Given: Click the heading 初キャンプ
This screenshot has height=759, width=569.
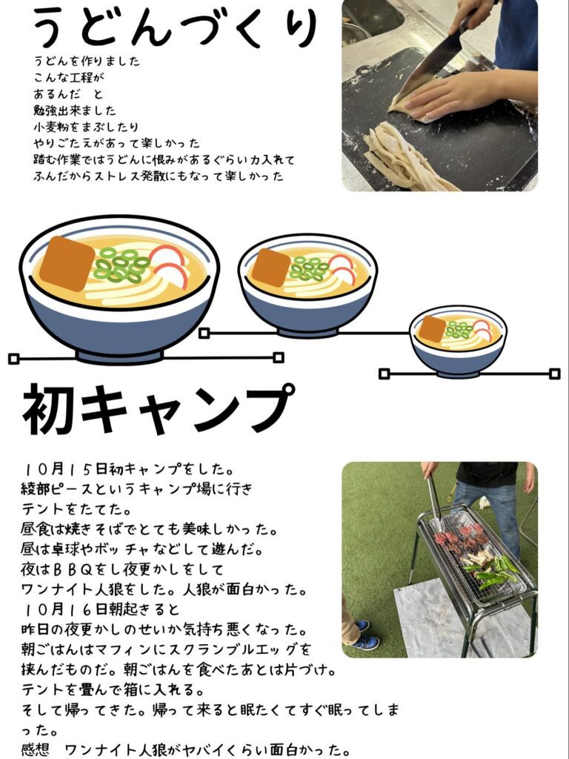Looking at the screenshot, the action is tap(159, 408).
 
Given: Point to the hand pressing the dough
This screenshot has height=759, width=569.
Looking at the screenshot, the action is tap(465, 94).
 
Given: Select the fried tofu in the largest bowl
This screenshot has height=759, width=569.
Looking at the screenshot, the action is tap(67, 263).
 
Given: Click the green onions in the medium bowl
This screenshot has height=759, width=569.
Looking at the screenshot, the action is tap(309, 269).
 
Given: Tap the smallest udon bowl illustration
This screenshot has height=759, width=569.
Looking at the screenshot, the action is tap(458, 341).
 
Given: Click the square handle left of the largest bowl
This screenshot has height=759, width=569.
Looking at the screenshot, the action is tap(13, 359).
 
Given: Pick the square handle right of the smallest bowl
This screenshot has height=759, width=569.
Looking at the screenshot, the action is tap(555, 374).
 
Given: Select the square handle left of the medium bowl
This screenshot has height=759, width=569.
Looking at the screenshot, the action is tap(204, 333).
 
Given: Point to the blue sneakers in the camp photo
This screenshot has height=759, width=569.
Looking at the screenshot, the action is tap(364, 635).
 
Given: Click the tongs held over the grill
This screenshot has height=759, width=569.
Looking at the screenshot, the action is tap(434, 501).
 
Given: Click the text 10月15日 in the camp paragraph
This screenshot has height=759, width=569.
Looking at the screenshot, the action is tap(65, 468).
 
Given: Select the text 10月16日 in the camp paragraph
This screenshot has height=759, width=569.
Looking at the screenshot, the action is tap(65, 609).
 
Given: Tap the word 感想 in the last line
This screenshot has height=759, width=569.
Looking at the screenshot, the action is tap(36, 750).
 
